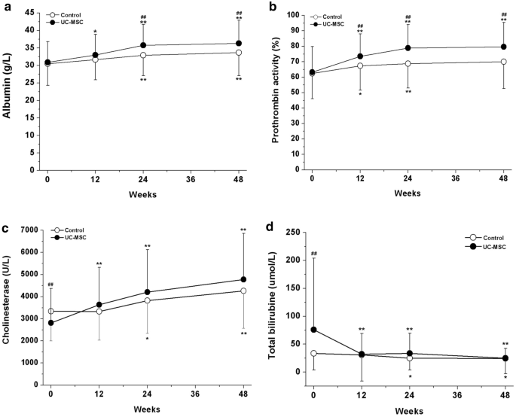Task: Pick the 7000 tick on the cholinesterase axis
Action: [29, 230]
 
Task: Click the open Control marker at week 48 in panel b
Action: [503, 62]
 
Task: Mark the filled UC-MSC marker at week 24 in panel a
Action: [144, 45]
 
